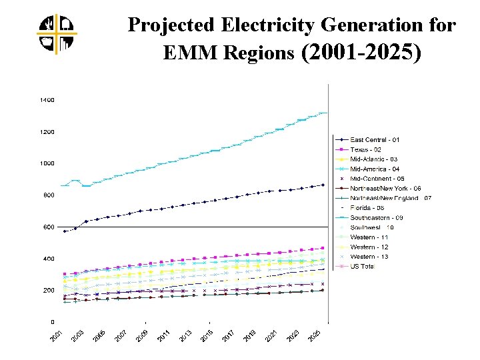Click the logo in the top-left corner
pyautogui.click(x=57, y=33)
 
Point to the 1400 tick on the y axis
pyautogui.click(x=47, y=100)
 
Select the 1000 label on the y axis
pyautogui.click(x=47, y=163)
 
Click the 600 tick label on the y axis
pyautogui.click(x=49, y=227)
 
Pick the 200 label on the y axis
pyautogui.click(x=49, y=291)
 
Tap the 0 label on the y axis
pyautogui.click(x=52, y=322)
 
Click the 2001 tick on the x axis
pyautogui.click(x=58, y=336)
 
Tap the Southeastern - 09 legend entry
pyautogui.click(x=377, y=217)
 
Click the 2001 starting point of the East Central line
pyautogui.click(x=64, y=231)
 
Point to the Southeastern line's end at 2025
pyautogui.click(x=323, y=113)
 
